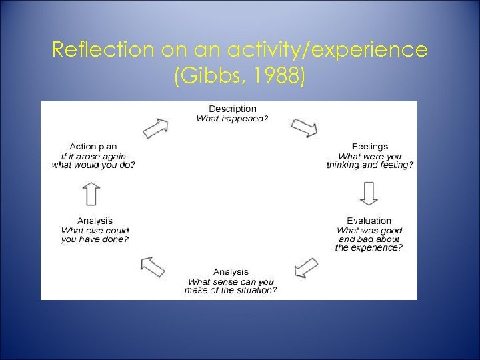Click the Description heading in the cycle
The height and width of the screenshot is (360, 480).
232,109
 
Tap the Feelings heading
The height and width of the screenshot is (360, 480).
369,147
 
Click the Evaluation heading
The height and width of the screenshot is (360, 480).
369,221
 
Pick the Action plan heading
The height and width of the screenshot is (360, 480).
94,147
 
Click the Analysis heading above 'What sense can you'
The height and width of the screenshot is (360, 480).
231,272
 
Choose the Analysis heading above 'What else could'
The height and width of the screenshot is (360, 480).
95,221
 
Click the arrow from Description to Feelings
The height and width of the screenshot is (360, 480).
305,127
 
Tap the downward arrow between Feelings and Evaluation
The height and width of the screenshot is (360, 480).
369,193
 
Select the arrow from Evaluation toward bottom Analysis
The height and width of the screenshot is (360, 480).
306,267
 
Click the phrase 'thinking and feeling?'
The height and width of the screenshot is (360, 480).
369,165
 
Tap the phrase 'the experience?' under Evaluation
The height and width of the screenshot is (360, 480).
369,247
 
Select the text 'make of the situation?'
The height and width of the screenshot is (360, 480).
231,290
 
